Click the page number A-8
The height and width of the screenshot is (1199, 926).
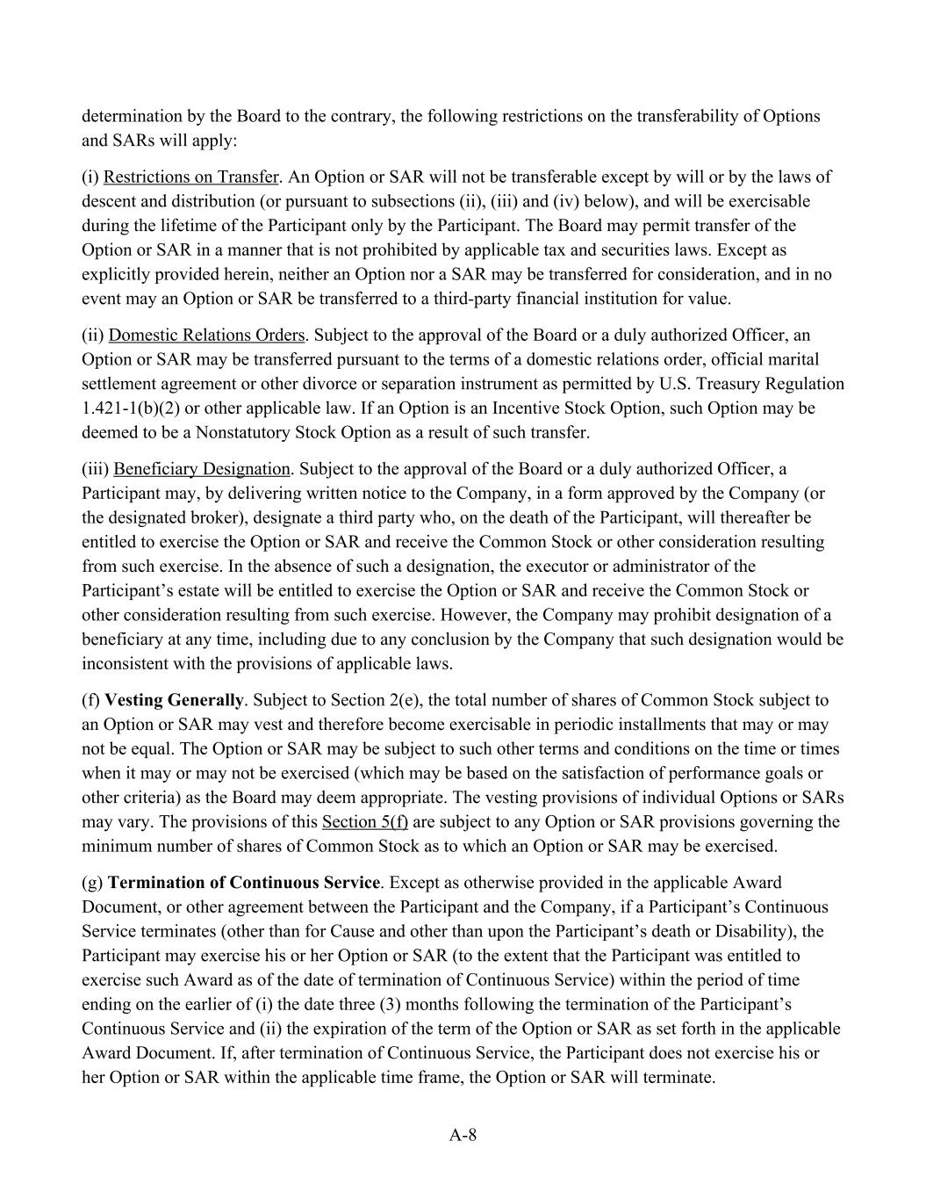pyautogui.click(x=463, y=1135)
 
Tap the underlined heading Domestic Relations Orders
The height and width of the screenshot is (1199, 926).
pyautogui.click(x=206, y=335)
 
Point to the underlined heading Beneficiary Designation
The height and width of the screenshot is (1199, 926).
pyautogui.click(x=201, y=468)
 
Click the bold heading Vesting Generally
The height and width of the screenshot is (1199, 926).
pyautogui.click(x=174, y=700)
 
